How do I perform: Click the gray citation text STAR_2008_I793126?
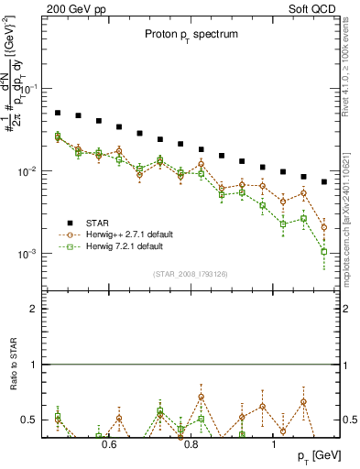click(191, 274)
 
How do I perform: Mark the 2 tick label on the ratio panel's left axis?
click(33, 309)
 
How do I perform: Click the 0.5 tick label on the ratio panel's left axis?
click(29, 420)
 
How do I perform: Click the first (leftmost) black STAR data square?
click(57, 113)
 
